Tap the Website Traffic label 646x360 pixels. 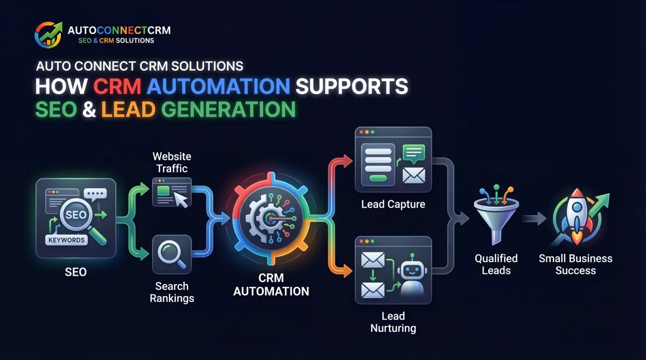pos(171,163)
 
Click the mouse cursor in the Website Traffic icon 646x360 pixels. pos(181,200)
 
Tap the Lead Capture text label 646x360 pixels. pos(393,204)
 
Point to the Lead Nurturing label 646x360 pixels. pos(393,322)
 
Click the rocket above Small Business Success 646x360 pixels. pos(575,215)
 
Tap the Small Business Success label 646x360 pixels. pos(575,264)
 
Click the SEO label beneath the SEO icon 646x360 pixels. pos(76,272)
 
